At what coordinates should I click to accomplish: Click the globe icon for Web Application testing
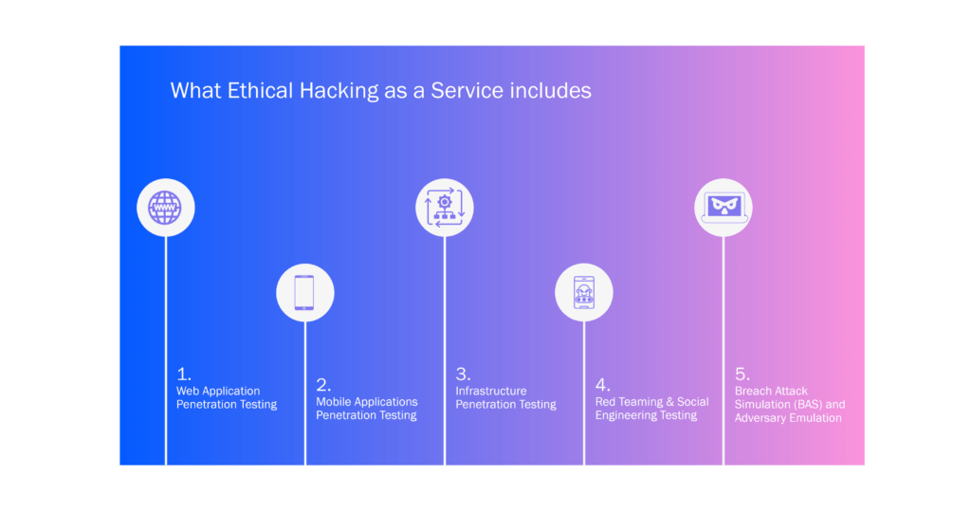click(165, 208)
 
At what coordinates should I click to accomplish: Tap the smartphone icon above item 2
click(304, 292)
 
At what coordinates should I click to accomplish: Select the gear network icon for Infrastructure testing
click(445, 208)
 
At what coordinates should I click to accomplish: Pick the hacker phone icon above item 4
click(584, 292)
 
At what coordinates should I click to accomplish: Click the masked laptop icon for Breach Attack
click(724, 208)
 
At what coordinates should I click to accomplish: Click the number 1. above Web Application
click(184, 374)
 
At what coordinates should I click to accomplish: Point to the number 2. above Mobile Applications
click(323, 385)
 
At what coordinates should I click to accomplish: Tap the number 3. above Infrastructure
click(463, 374)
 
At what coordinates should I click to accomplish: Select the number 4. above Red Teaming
click(602, 385)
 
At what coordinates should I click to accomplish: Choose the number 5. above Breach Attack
click(742, 374)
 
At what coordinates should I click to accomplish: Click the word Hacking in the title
click(339, 91)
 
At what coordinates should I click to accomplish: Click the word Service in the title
click(467, 90)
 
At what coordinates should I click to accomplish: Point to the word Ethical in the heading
click(260, 90)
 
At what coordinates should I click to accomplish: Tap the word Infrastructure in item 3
click(491, 392)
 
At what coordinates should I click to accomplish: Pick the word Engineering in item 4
click(625, 415)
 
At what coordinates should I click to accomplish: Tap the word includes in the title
click(551, 90)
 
